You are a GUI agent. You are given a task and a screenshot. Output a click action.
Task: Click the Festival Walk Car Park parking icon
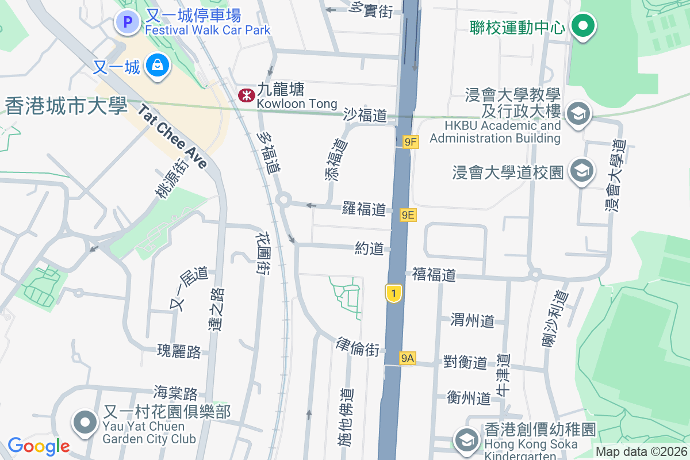pos(128,22)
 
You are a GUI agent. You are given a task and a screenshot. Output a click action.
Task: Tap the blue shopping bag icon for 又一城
pos(157,66)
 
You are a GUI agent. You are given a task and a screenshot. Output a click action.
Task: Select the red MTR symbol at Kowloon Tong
pos(247,95)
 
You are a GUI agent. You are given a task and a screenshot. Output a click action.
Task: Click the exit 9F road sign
pos(411,141)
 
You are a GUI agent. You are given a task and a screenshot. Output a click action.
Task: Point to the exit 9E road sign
pos(408,215)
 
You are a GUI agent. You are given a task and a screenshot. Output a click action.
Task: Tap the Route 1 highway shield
pos(393,294)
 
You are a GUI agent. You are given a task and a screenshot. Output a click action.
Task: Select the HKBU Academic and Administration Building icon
pos(578,114)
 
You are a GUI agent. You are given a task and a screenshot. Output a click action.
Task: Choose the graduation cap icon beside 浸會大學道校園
pos(581,171)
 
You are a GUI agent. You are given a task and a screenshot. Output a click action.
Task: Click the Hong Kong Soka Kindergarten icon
pos(465,440)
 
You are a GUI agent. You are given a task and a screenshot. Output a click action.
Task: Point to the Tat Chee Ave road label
pos(172,136)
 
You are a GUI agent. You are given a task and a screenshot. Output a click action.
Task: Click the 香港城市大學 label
pos(66,106)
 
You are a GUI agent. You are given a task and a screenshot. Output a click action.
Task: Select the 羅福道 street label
pos(363,209)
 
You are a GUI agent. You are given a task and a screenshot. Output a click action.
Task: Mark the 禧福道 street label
pos(434,275)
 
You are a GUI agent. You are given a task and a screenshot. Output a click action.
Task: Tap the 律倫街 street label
pos(358,347)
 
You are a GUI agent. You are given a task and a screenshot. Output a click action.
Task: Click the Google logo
pos(39,446)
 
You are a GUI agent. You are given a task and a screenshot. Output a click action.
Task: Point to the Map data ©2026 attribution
pos(641,452)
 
